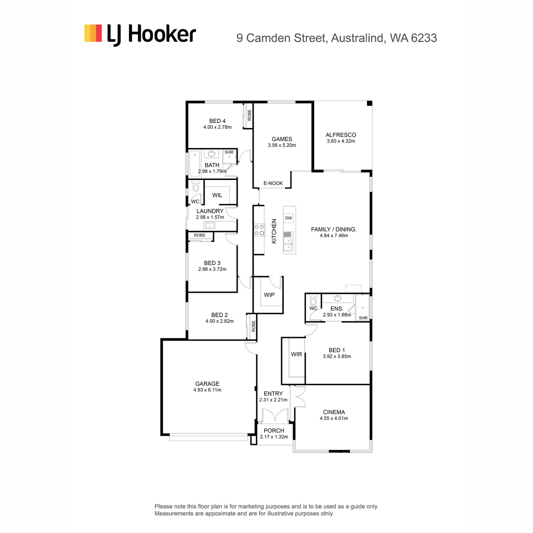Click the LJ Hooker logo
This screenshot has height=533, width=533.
(x=140, y=35)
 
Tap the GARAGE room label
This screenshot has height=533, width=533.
(x=207, y=384)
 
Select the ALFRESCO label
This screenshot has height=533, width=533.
(x=341, y=135)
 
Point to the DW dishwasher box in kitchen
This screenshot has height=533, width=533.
(x=289, y=218)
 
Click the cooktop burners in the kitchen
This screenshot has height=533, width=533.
(x=259, y=230)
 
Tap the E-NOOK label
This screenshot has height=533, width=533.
(x=273, y=183)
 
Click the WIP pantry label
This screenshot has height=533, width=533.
(x=269, y=295)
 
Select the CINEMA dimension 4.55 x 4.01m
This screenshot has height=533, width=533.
(x=334, y=418)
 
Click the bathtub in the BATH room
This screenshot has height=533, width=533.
(x=195, y=164)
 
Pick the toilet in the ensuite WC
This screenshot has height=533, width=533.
(x=314, y=300)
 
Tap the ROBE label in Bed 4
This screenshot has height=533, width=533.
(x=250, y=115)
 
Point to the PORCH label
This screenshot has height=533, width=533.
(x=274, y=431)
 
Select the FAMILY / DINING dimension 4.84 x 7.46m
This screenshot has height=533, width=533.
(x=334, y=236)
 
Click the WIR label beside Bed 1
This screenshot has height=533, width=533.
(x=296, y=354)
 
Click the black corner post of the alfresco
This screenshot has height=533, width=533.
(x=370, y=103)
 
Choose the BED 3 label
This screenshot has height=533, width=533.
(x=212, y=263)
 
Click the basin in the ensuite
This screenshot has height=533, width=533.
(x=338, y=298)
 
